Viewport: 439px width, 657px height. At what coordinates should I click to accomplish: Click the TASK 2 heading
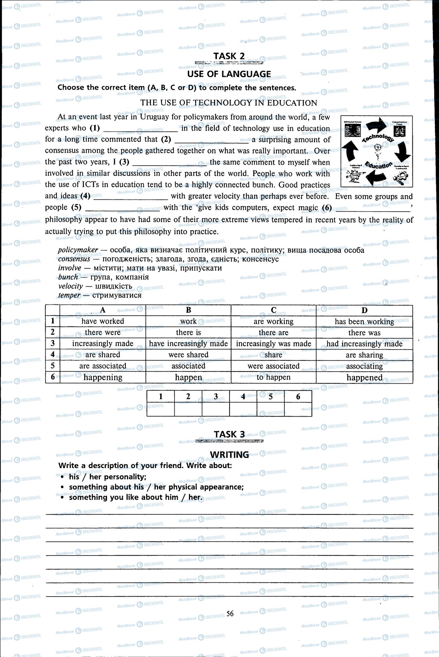click(x=229, y=56)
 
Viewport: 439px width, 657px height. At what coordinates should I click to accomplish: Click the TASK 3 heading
click(x=229, y=434)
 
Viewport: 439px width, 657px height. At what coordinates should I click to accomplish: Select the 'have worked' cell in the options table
click(x=103, y=321)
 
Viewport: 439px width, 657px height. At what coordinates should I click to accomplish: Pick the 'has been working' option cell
click(x=364, y=322)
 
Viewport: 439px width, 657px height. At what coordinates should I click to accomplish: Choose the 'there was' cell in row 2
click(x=364, y=333)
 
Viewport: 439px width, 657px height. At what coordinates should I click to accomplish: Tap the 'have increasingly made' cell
click(x=188, y=344)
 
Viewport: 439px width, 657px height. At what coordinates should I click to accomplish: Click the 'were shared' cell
click(x=188, y=355)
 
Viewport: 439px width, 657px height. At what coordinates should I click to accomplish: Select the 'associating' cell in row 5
click(x=364, y=366)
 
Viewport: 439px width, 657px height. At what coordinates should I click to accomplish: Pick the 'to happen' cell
click(x=274, y=377)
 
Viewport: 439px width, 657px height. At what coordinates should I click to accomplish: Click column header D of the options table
click(x=364, y=310)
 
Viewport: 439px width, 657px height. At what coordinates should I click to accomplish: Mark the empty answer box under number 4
click(x=243, y=410)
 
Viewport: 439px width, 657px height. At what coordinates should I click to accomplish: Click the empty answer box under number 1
click(x=161, y=410)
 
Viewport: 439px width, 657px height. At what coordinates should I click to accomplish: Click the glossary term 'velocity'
click(x=71, y=286)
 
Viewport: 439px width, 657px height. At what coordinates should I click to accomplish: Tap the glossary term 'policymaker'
click(x=78, y=250)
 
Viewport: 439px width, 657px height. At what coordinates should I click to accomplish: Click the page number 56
click(x=230, y=613)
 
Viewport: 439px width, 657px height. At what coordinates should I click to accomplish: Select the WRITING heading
click(x=229, y=455)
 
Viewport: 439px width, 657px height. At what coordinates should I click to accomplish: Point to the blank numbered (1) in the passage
click(x=141, y=129)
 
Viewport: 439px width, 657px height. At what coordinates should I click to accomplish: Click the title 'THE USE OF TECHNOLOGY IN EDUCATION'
click(x=229, y=103)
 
